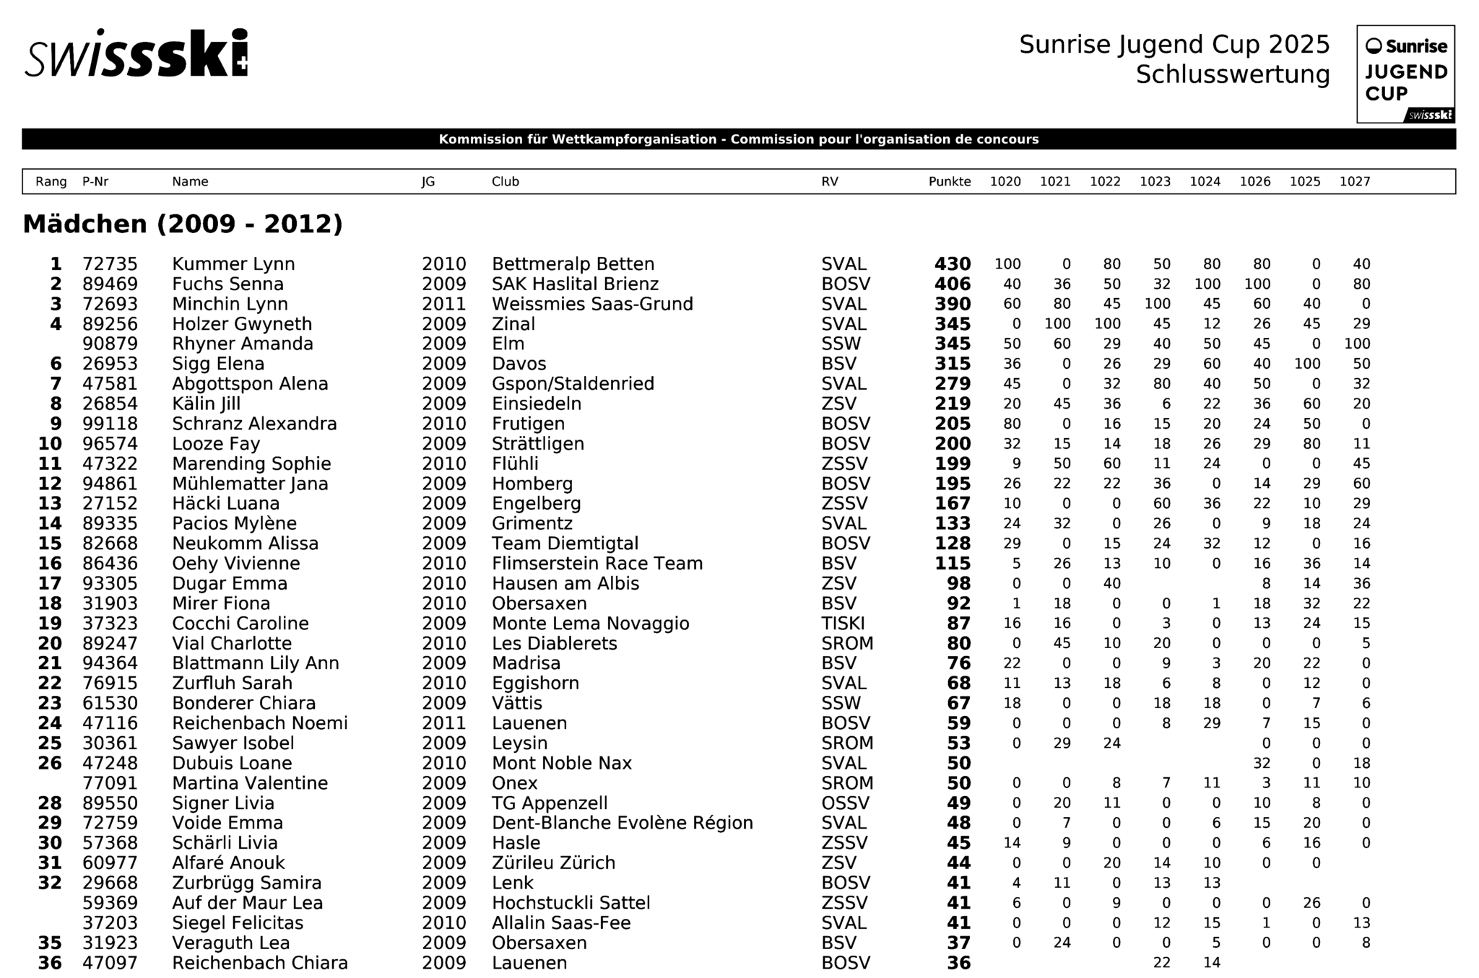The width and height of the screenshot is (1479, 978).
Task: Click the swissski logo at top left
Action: click(136, 53)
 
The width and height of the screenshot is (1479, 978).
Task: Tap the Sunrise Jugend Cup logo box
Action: click(1405, 74)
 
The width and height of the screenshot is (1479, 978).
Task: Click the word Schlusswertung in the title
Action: click(1232, 74)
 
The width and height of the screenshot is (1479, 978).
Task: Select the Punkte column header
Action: click(949, 182)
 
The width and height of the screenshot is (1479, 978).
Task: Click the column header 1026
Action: click(1254, 182)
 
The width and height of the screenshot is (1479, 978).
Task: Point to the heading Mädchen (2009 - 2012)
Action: click(183, 224)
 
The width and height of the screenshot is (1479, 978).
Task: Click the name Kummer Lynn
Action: click(233, 264)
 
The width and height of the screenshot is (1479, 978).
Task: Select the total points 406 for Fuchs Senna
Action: click(952, 284)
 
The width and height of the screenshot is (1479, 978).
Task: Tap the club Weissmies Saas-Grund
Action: click(592, 304)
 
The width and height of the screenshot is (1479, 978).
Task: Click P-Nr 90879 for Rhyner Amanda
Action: click(110, 344)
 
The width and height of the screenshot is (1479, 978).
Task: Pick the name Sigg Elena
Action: click(218, 364)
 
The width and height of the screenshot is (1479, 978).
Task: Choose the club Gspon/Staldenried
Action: click(573, 384)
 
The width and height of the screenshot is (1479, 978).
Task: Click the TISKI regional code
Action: click(843, 624)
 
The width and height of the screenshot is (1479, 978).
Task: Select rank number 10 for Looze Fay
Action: click(50, 444)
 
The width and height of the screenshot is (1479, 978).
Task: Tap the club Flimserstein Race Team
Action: click(597, 564)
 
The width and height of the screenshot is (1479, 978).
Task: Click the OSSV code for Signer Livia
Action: click(845, 803)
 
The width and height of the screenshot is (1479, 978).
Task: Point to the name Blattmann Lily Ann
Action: click(255, 663)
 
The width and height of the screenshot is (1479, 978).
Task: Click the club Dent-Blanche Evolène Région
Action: click(622, 823)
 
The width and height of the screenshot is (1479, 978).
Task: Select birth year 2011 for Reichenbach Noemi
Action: click(443, 723)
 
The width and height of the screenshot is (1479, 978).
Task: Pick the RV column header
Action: click(829, 182)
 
